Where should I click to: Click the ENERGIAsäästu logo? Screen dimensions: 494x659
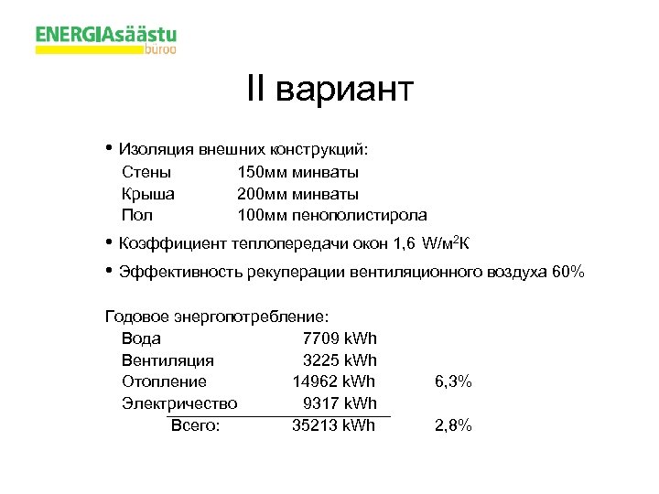coord(106,39)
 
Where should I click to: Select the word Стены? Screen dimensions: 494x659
coord(146,172)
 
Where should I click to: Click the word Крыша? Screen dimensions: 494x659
coord(148,194)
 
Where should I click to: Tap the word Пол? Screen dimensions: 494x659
coord(136,216)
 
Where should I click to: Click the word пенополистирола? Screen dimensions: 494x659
coord(359,216)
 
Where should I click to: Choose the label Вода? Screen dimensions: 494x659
coord(141,338)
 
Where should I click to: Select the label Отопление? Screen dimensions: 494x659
coord(164,381)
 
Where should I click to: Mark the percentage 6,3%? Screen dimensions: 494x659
coord(453,381)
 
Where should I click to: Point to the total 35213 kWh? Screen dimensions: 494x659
coord(333,425)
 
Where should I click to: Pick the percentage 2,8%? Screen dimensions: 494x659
coord(453,425)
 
